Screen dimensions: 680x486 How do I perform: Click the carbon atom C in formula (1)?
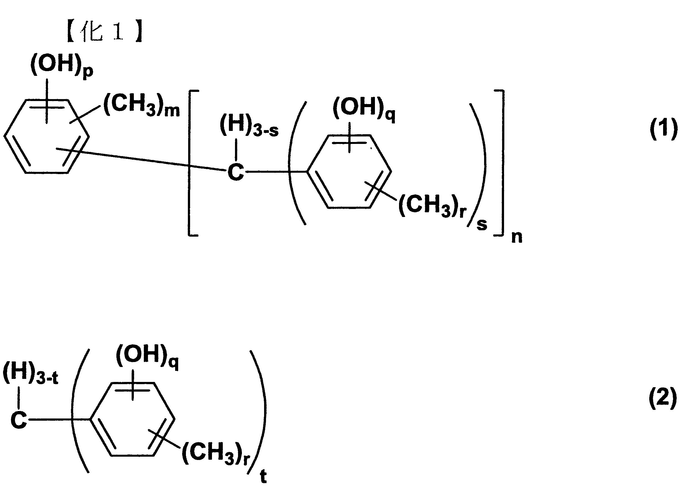(x=236, y=173)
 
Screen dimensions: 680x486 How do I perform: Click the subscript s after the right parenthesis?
(x=482, y=224)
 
